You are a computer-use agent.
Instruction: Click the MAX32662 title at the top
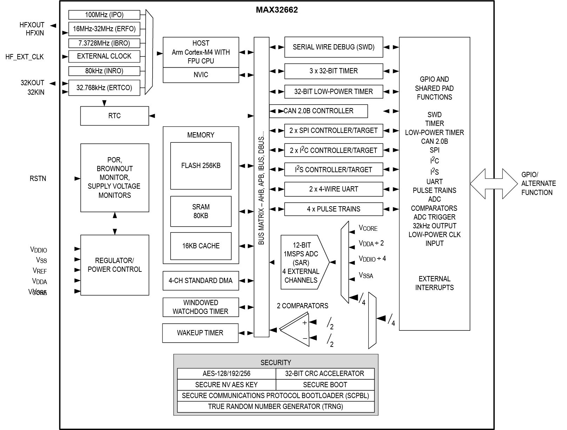276,10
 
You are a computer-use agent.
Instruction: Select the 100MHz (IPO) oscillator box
104,15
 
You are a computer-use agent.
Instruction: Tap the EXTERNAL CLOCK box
104,56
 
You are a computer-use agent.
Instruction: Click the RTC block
114,116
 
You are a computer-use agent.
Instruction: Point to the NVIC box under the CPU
201,75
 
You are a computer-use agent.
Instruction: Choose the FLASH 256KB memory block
201,166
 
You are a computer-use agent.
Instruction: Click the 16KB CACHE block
201,246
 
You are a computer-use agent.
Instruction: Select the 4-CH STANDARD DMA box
200,281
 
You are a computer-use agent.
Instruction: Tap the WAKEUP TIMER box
200,333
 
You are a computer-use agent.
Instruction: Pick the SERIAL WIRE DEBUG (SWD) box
333,47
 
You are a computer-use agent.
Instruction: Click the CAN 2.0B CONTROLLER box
319,111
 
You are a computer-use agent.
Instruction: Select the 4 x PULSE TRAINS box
333,209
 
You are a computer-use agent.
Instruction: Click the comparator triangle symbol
297,330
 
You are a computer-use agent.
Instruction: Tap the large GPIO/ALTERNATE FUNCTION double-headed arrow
494,183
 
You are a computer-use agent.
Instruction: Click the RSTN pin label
38,179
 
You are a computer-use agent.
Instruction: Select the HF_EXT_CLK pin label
25,57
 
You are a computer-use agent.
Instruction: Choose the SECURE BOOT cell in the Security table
325,385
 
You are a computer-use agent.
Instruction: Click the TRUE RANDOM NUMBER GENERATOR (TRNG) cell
275,407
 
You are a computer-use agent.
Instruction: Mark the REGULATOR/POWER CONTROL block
114,265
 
